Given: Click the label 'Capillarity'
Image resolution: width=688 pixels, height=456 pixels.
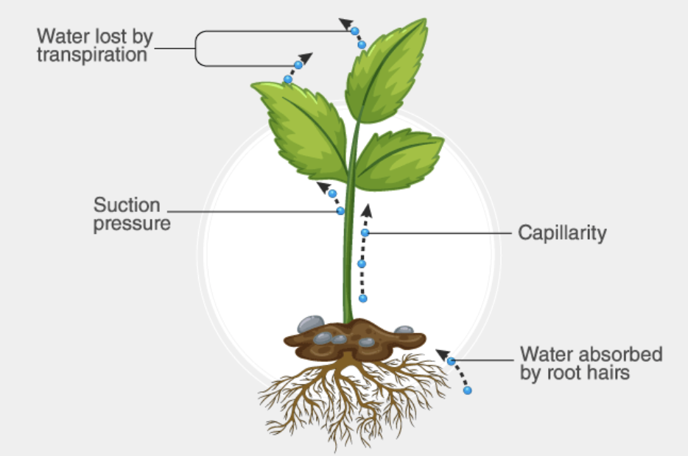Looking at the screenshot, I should point(562,233).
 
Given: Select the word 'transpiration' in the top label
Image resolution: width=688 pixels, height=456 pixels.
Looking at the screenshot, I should point(92,54).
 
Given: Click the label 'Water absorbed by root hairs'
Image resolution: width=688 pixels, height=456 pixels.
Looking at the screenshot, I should point(591,363).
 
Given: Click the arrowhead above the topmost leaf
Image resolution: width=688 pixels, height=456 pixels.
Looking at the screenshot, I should point(345,23).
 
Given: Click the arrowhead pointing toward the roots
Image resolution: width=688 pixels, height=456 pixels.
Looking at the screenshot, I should point(441,355).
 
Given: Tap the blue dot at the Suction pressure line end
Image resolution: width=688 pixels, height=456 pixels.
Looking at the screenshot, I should point(340,211).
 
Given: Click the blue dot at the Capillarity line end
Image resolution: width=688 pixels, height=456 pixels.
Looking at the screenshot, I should point(365,233).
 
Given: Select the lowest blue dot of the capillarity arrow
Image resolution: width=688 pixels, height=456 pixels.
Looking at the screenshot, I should point(362,298).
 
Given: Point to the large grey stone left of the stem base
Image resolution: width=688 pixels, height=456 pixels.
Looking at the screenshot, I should point(310,323).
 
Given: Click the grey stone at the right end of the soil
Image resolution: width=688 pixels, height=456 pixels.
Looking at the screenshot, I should point(404,330).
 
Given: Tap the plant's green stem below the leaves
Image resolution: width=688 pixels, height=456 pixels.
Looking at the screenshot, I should point(349,265).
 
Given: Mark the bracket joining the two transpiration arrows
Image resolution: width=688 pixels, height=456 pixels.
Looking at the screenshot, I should point(197,49).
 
